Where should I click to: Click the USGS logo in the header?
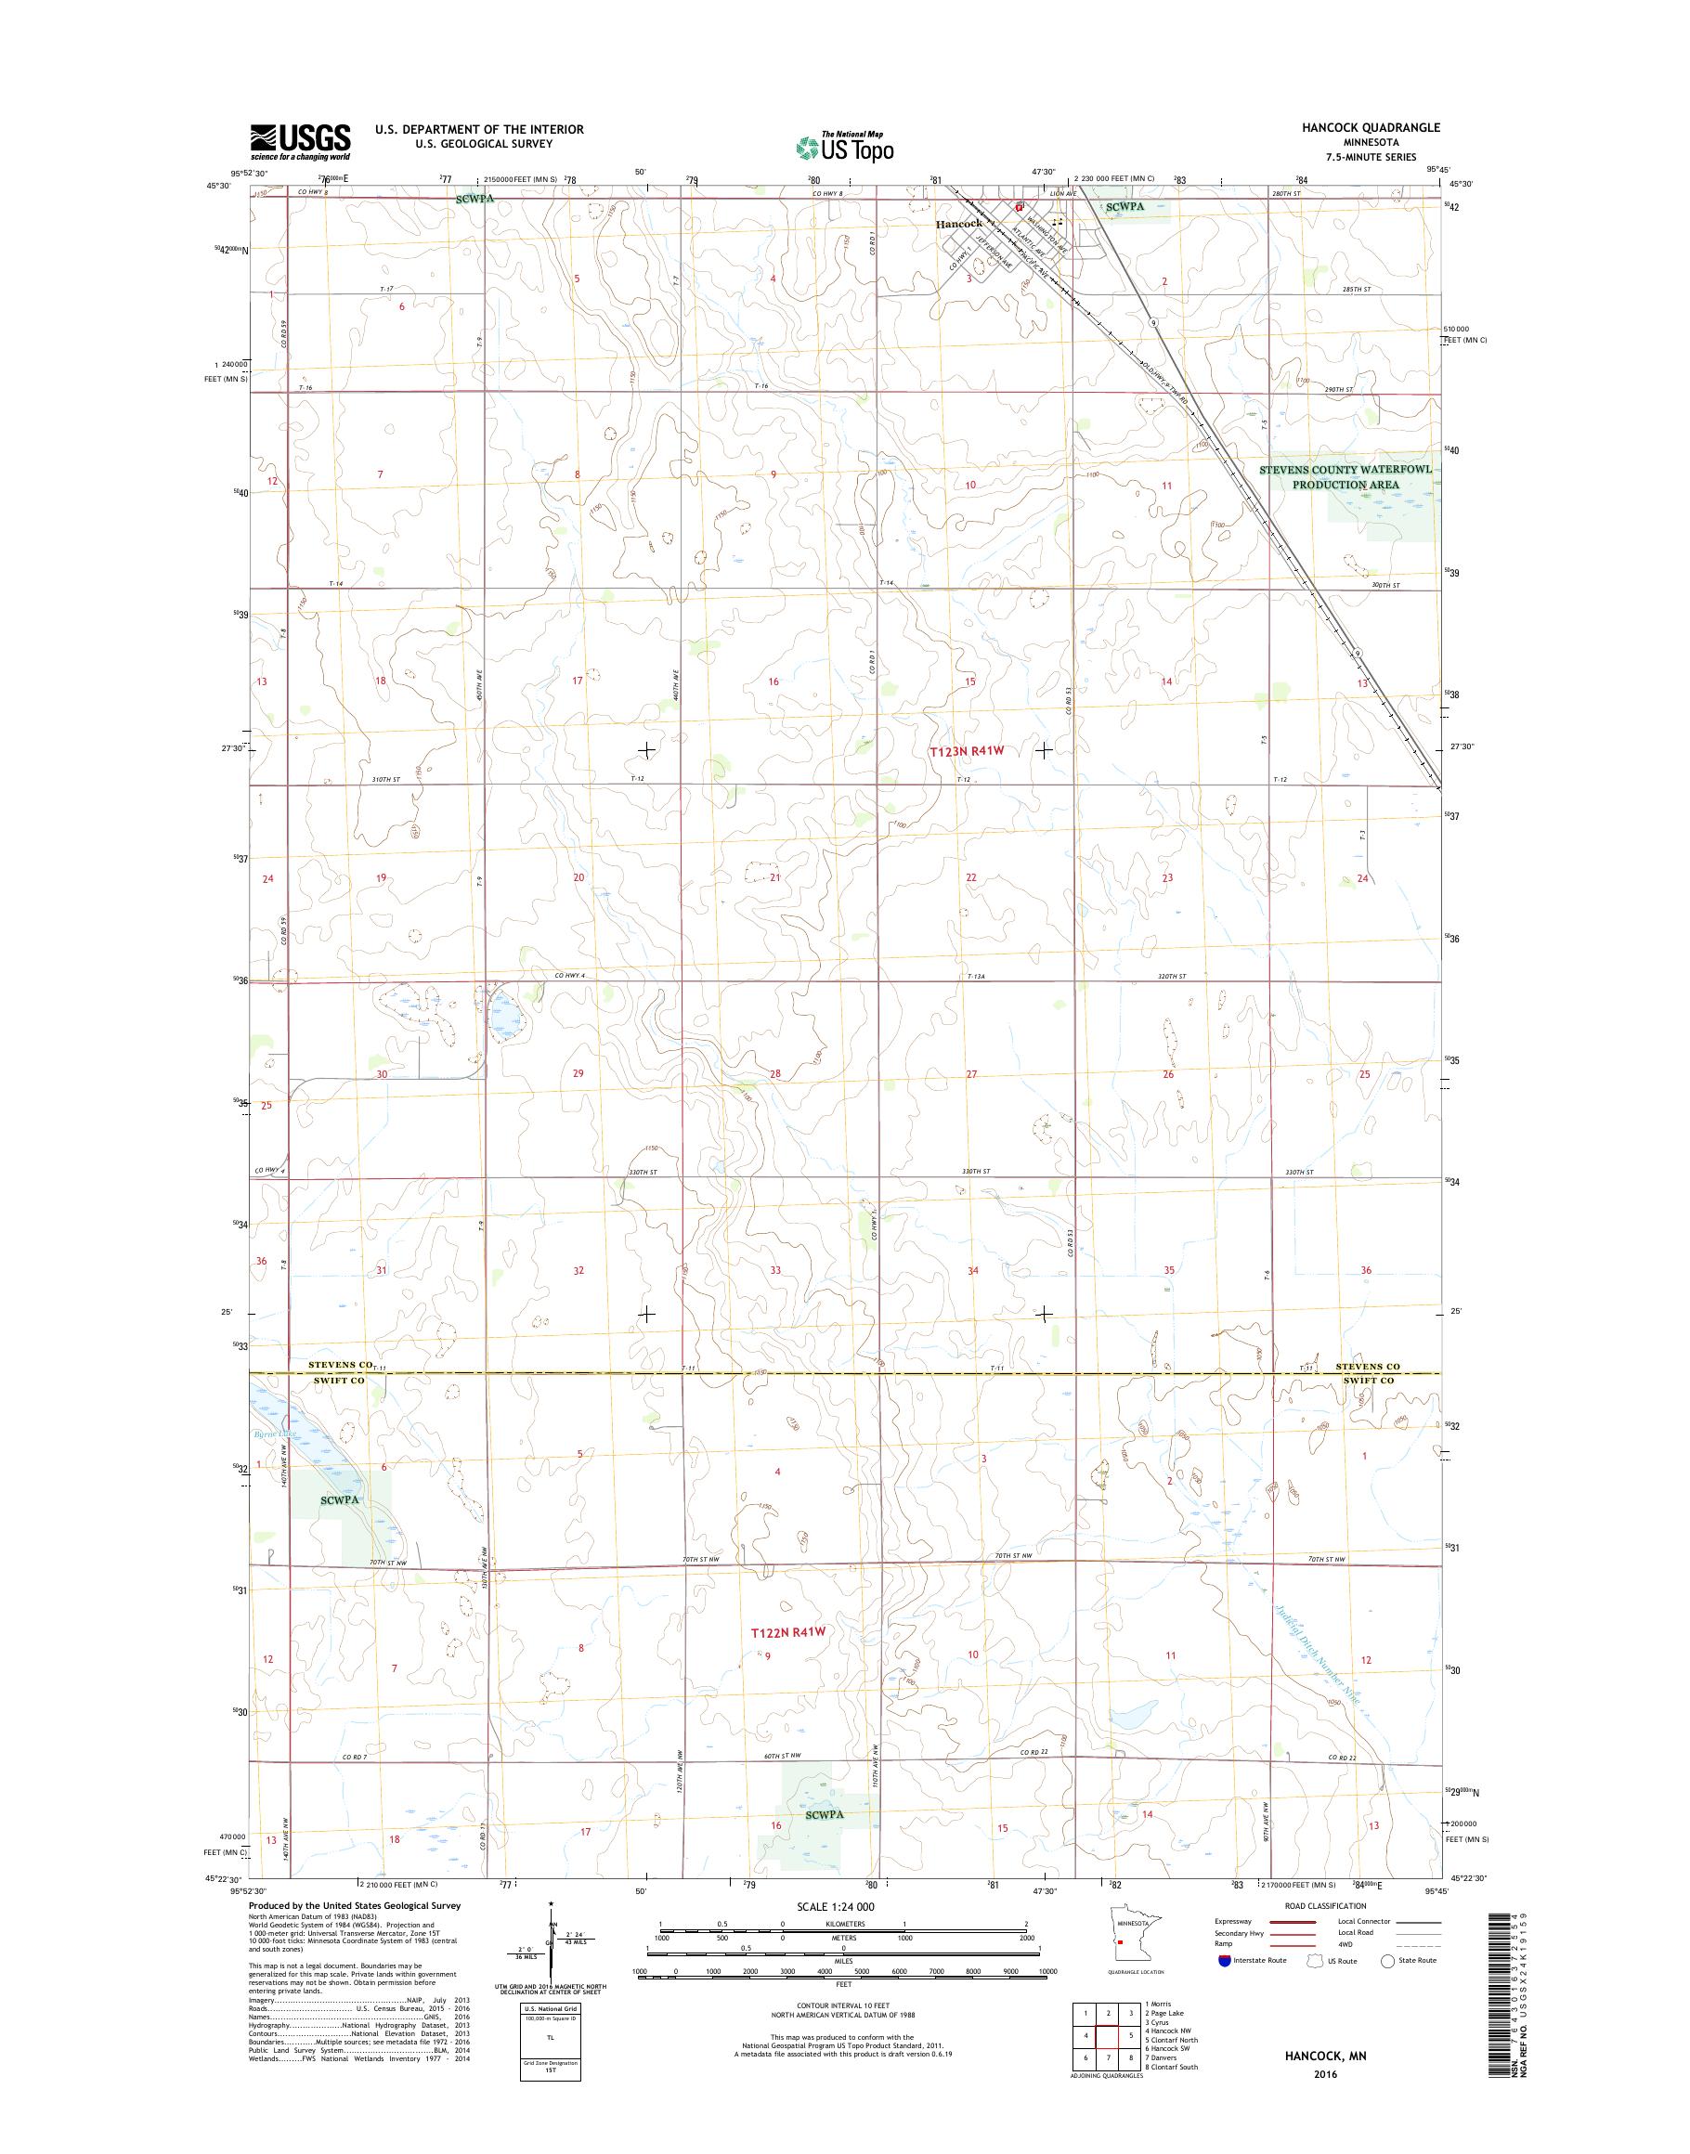300,141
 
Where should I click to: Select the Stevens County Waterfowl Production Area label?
1344,478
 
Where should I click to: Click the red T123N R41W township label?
967,751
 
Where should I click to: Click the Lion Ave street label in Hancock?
1062,195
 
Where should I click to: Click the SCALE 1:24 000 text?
836,1933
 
